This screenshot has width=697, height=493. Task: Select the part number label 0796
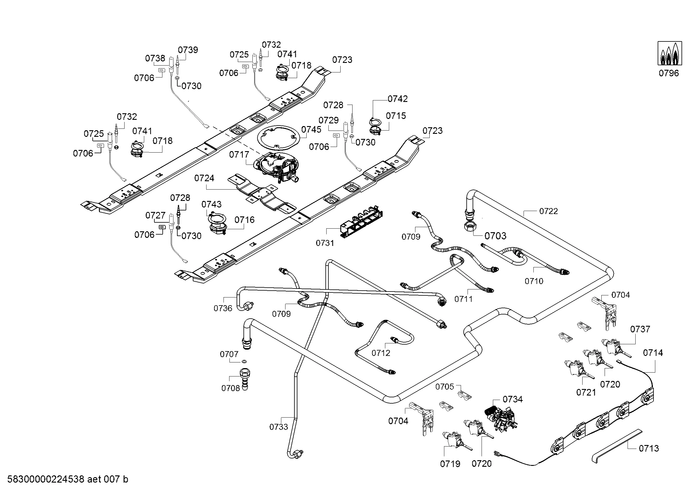[669, 73]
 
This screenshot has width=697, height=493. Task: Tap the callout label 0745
[311, 130]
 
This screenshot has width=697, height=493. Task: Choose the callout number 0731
[325, 243]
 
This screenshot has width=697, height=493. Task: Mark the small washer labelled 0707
[244, 362]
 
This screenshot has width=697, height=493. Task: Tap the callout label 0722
[548, 211]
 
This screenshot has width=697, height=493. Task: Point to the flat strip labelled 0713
[616, 446]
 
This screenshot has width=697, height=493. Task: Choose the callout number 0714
[653, 353]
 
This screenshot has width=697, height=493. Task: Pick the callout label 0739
[188, 50]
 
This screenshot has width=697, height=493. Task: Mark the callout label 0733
[278, 427]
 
